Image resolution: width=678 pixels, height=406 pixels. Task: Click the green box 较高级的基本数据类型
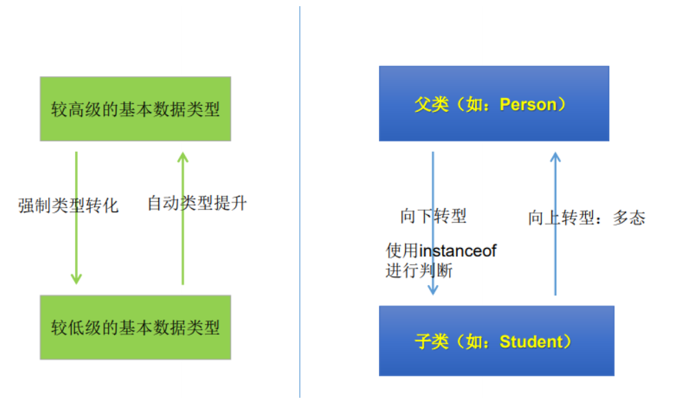pos(135,109)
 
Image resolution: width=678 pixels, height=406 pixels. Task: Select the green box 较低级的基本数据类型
pos(135,327)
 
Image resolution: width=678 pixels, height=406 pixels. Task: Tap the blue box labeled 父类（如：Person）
pos(494,104)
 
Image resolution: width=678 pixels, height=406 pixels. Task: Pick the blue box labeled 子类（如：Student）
pos(496,341)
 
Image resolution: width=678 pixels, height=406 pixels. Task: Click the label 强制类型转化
pos(69,205)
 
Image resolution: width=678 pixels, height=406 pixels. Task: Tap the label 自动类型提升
pos(197,203)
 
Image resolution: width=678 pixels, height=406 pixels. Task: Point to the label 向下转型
pos(433,216)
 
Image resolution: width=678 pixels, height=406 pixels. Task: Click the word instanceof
pos(458,251)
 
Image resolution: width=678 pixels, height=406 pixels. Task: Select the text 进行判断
pos(419,271)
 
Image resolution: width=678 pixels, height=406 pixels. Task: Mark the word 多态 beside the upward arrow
pos(628,218)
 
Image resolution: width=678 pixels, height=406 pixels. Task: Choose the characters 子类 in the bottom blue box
pos(432,341)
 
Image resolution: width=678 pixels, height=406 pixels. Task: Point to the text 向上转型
pos(561,218)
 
